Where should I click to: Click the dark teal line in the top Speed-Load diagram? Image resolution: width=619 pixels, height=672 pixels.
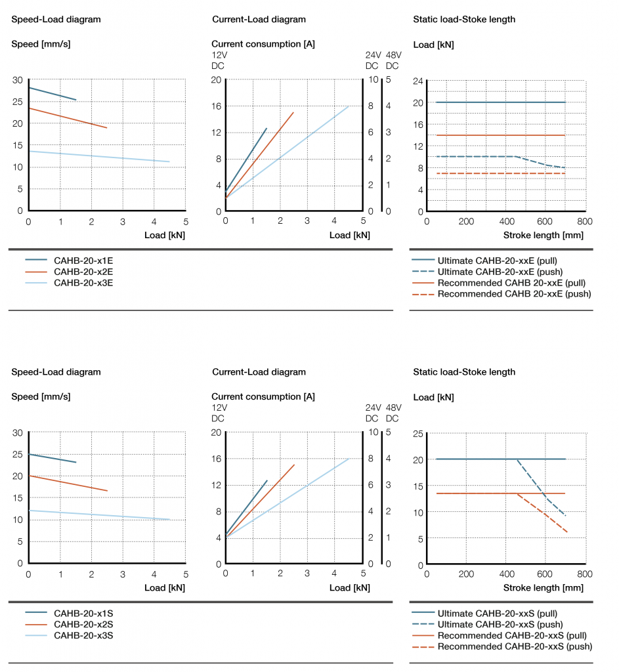point(53,94)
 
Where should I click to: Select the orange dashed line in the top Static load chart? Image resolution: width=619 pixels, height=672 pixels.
point(499,173)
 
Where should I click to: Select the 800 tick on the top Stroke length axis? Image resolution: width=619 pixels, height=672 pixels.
point(584,222)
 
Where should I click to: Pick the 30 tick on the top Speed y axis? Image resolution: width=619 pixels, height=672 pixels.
point(17,80)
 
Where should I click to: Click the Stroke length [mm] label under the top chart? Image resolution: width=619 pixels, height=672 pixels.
point(543,235)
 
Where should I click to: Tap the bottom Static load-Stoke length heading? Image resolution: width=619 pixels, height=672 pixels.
point(464,372)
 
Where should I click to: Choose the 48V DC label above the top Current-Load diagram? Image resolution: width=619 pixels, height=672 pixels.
point(393,61)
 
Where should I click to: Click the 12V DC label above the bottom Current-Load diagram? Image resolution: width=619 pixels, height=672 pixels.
point(219,413)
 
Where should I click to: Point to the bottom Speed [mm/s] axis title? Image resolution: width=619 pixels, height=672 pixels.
point(41,396)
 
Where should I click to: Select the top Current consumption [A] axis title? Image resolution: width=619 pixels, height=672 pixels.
point(263,44)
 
